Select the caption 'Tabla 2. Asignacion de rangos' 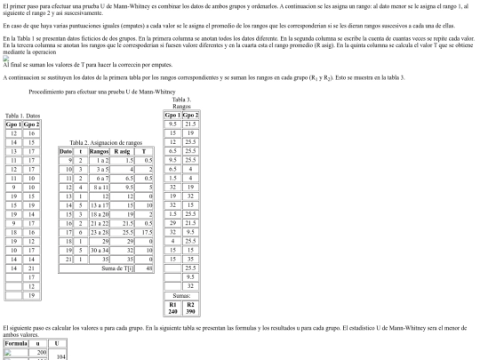[x=106, y=142]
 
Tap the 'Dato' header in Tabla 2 [x=65, y=152]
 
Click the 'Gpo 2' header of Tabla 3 [x=190, y=116]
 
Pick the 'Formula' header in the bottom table [x=17, y=341]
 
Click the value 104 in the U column [x=60, y=355]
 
